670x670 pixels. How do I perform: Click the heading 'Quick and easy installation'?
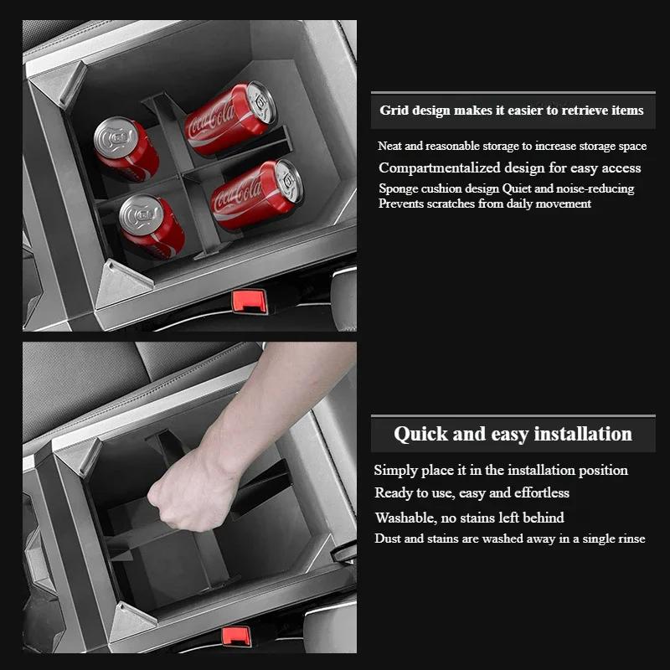513,434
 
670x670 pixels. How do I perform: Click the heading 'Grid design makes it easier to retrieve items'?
511,111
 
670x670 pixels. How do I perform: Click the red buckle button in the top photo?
250,299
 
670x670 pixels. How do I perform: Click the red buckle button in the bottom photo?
236,636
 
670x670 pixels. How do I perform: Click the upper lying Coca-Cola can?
230,119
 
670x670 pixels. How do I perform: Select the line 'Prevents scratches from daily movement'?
484,204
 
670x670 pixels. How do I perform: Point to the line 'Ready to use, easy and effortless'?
472,492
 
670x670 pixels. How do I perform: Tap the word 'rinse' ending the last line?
630,539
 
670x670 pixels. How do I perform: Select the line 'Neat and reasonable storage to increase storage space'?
512,147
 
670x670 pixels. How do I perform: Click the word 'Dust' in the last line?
388,539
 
